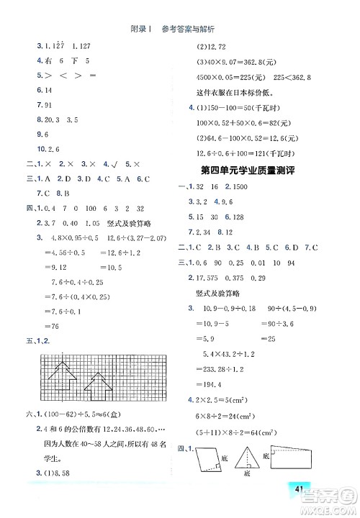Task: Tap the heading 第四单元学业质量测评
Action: click(257, 171)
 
